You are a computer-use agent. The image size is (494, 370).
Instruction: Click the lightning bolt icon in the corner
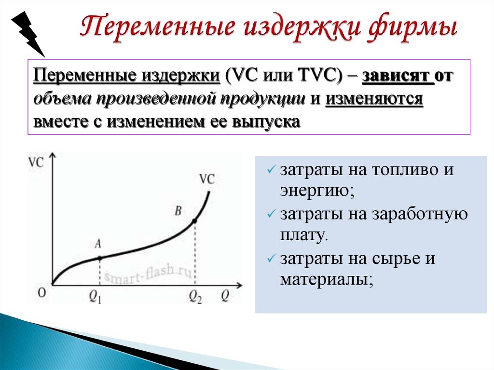(27, 29)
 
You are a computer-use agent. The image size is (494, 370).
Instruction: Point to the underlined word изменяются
(374, 99)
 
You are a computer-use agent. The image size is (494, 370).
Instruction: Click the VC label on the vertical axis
(36, 162)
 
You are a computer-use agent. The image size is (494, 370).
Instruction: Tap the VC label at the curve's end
(207, 179)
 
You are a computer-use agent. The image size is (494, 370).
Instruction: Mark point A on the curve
(100, 258)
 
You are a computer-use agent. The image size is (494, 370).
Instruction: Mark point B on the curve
(194, 221)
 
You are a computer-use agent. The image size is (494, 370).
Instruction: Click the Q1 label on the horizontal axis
(96, 297)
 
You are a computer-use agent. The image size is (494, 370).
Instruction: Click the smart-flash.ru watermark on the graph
(147, 277)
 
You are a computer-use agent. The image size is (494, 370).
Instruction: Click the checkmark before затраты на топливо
(271, 171)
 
